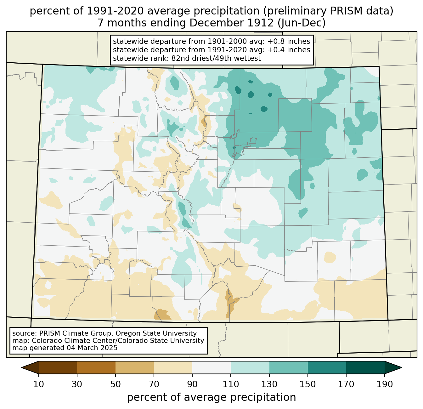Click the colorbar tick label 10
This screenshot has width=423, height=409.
pos(38,384)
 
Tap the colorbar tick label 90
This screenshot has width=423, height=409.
pos(192,384)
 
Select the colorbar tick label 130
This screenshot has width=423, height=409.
pos(269,384)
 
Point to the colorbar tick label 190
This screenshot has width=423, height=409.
pos(384,384)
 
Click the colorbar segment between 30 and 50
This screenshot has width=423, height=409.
pos(96,367)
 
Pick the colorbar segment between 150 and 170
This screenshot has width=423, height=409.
pos(327,367)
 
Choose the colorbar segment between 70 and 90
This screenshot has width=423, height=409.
pos(173,367)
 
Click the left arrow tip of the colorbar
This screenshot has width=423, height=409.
pos(21,367)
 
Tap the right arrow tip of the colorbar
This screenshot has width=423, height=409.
pos(402,367)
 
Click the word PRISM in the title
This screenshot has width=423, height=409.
pos(343,11)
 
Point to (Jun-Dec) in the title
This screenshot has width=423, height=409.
pos(302,23)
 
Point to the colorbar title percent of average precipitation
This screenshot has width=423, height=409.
pos(211,397)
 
